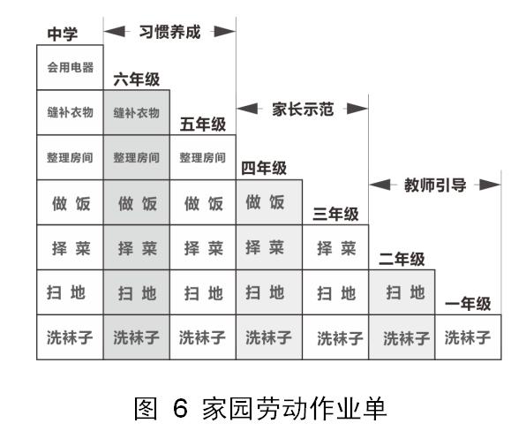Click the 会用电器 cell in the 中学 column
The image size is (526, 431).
pos(70,67)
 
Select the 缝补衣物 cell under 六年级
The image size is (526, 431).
pos(136,113)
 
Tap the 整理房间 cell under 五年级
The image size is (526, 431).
pos(202,158)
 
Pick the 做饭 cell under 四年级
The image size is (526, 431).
pos(266,202)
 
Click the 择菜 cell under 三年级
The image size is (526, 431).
pos(334,248)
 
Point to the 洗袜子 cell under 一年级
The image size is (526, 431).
pos(467,336)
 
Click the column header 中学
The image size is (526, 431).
pos(63,34)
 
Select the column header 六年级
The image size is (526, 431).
pos(137,79)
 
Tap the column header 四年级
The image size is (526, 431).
pos(265,167)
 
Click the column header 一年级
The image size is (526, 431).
pos(468,304)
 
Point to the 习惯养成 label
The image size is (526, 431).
pos(170,31)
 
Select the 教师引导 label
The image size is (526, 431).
pos(433,185)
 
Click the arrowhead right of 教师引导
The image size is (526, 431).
pos(488,185)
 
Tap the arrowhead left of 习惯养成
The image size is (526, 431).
pos(115,32)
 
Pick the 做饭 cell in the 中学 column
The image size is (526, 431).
pos(70,203)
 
